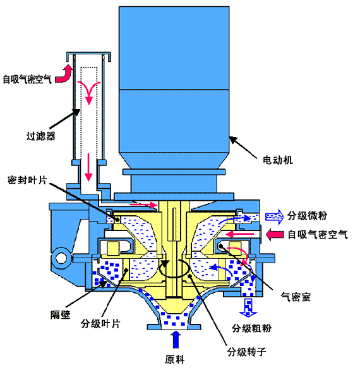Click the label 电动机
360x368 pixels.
point(278,160)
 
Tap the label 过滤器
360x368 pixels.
point(41,136)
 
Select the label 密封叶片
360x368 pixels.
point(28,180)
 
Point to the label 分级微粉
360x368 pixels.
point(307,215)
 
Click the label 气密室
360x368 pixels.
point(296,297)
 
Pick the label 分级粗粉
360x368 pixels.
point(252,328)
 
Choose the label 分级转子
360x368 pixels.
point(246,352)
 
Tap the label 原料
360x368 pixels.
point(175,360)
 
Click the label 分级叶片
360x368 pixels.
point(100,324)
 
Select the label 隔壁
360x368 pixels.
point(61,314)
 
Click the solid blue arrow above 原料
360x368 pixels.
point(176,340)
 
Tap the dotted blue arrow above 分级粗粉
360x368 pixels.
point(248,307)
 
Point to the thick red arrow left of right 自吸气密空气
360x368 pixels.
point(275,234)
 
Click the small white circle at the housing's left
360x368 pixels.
point(61,258)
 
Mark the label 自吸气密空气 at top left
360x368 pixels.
point(27,79)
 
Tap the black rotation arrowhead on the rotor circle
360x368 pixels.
point(165,264)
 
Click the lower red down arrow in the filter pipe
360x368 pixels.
point(88,167)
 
